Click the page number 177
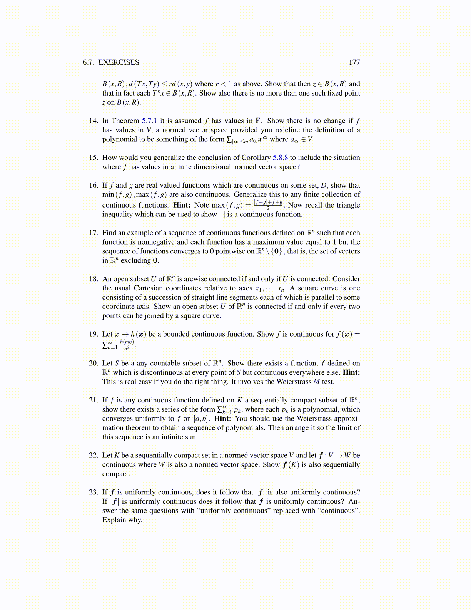pyautogui.click(x=354, y=62)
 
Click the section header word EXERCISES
pyautogui.click(x=119, y=62)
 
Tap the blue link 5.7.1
pyautogui.click(x=149, y=121)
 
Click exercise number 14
pyautogui.click(x=94, y=121)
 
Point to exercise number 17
pyautogui.click(x=94, y=233)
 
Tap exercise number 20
pyautogui.click(x=94, y=363)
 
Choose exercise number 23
pyautogui.click(x=94, y=492)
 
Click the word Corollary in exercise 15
pyautogui.click(x=256, y=158)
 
